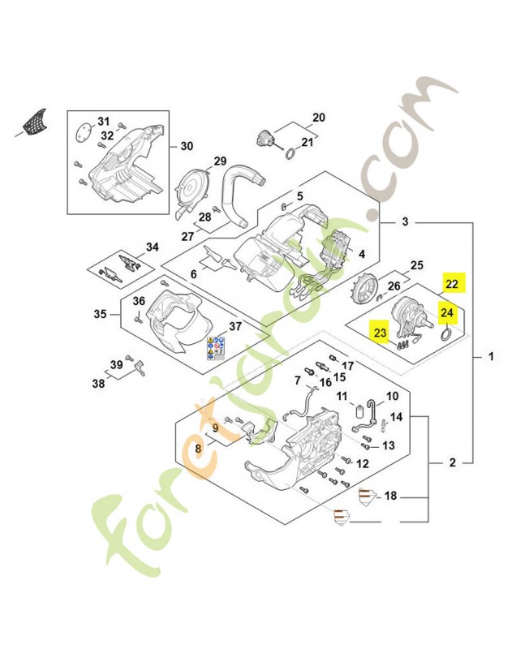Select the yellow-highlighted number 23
380,330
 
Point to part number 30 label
187,147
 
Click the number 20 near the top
318,118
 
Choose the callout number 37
234,326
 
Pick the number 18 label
391,495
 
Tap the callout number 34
153,247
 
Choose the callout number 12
363,463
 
